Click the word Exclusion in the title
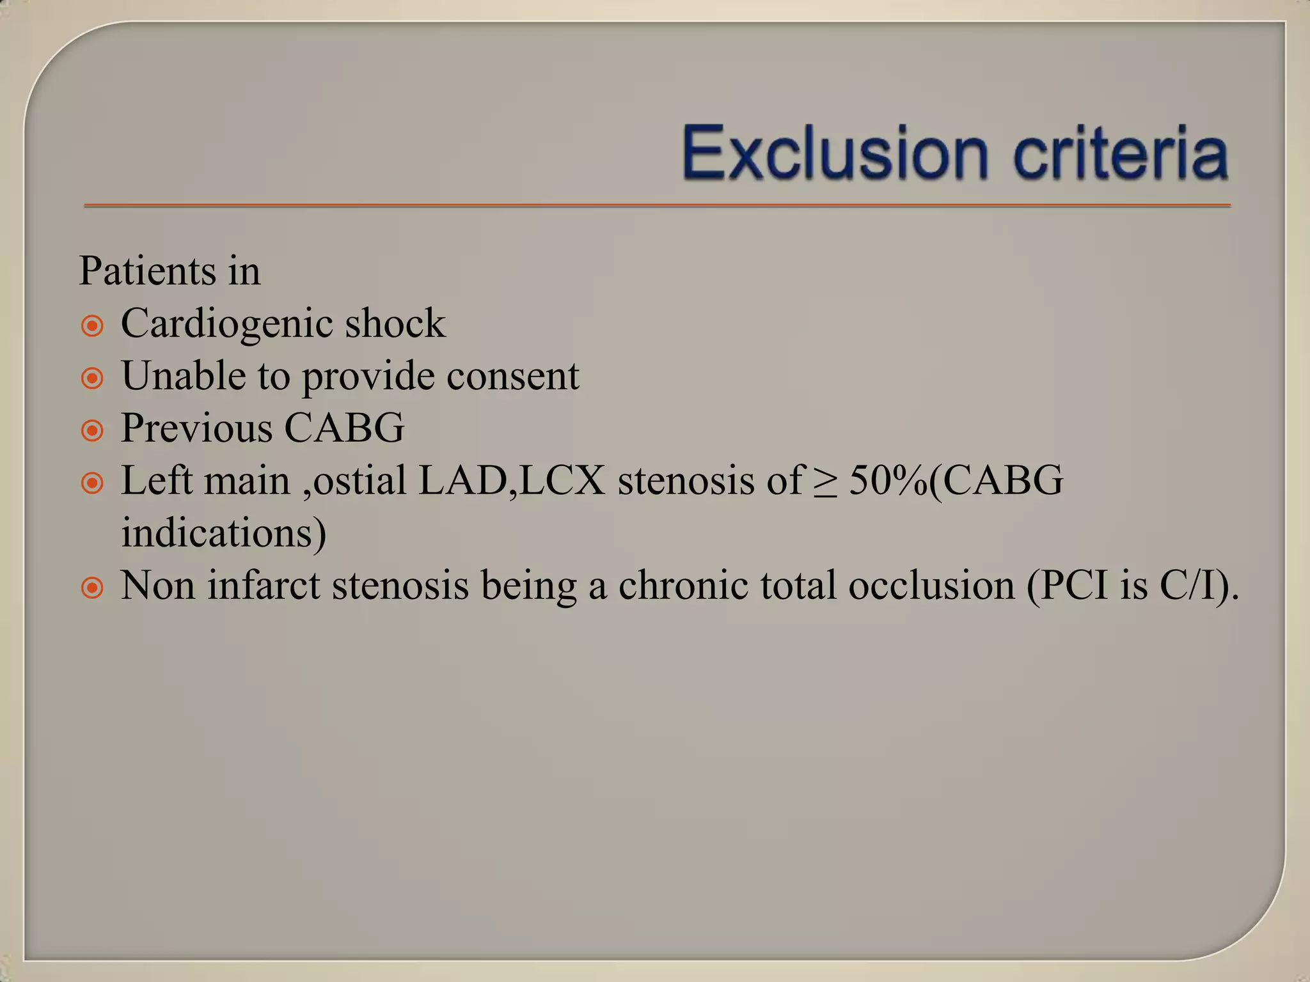coord(835,154)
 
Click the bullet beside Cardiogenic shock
coord(93,327)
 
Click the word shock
coord(395,323)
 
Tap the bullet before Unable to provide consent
coord(93,379)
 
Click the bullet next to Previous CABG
coord(93,432)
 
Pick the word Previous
coord(196,428)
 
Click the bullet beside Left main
coord(93,484)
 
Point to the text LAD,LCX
coord(511,480)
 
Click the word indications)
coord(224,533)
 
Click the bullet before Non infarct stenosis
coord(93,588)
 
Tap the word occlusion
coord(931,585)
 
